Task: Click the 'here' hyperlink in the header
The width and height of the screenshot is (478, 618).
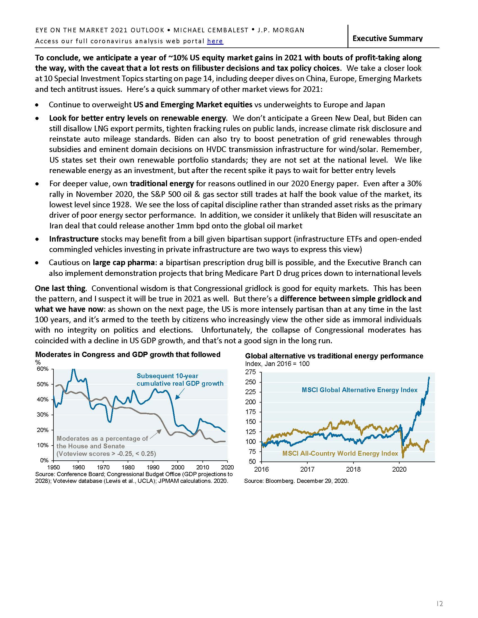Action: [215, 41]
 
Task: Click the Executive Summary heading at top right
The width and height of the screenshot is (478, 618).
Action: [387, 38]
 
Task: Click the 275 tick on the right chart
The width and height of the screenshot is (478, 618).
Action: [251, 372]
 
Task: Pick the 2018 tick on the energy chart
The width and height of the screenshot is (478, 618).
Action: [353, 469]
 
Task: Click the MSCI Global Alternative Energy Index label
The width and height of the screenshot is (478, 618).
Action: [359, 390]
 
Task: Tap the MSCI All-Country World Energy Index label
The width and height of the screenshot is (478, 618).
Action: [340, 453]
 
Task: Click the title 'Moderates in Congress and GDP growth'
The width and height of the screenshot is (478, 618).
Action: [127, 355]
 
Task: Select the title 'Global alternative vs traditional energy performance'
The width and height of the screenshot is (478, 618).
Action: [334, 356]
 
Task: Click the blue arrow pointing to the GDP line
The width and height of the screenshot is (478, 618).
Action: [180, 394]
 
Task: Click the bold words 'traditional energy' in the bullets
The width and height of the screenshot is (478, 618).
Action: [162, 184]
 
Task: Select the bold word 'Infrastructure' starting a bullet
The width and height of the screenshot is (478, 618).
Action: [74, 239]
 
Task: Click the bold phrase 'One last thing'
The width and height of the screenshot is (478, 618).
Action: [60, 288]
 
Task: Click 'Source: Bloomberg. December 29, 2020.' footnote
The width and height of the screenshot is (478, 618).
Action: [296, 481]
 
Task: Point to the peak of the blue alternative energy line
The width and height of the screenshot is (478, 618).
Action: [429, 377]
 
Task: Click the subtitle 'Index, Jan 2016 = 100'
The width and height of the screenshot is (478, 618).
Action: [277, 363]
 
